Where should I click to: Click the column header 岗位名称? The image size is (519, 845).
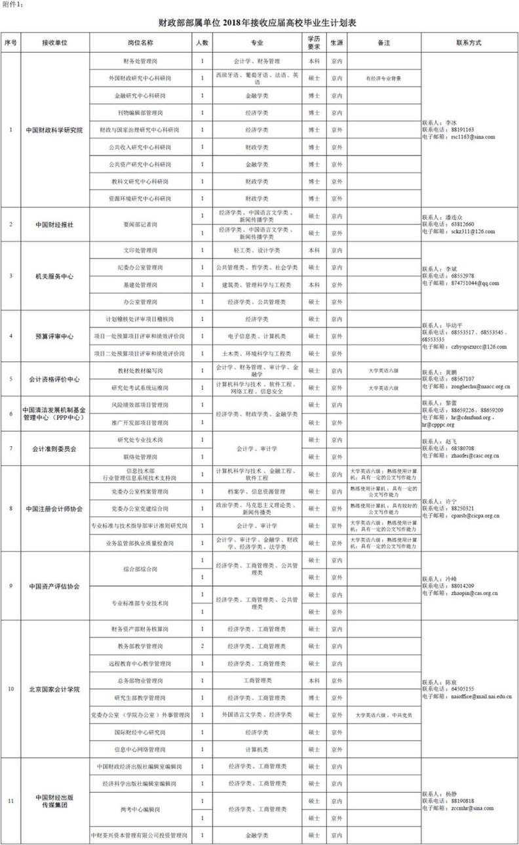click(140, 42)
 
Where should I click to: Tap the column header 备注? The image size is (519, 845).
click(383, 42)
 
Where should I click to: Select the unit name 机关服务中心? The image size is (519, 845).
click(54, 276)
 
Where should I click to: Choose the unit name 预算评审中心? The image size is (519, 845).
click(54, 336)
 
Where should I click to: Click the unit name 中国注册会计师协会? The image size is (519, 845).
click(54, 508)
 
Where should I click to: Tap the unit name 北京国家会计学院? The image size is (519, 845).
click(54, 690)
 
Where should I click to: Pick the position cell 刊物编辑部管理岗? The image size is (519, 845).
click(140, 113)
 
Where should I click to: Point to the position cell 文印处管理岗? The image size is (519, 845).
click(140, 251)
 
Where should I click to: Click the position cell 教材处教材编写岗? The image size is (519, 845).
click(140, 371)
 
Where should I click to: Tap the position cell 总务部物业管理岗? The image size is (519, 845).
click(140, 681)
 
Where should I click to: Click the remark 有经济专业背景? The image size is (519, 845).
click(383, 78)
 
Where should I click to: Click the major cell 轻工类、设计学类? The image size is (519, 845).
click(253, 251)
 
